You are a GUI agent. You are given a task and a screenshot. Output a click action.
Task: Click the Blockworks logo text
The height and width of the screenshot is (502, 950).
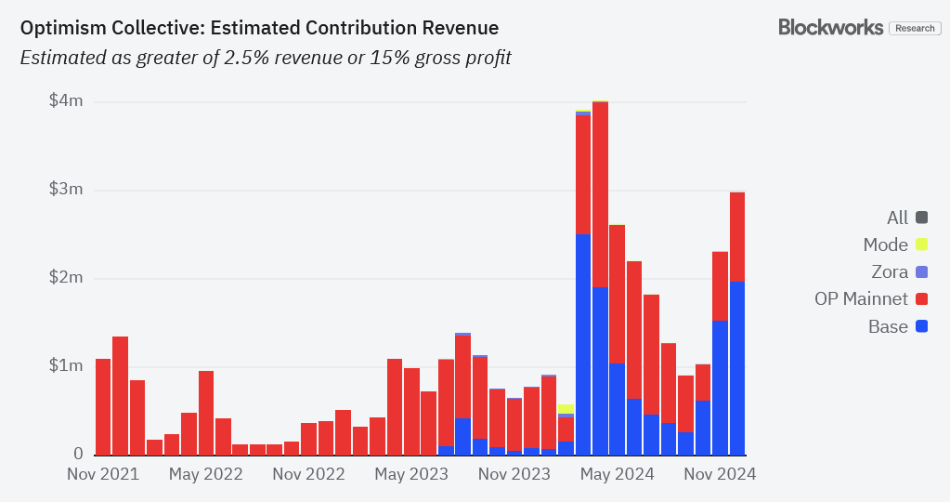click(x=830, y=27)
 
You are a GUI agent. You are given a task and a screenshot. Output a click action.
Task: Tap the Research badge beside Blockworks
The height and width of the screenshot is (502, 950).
click(x=915, y=28)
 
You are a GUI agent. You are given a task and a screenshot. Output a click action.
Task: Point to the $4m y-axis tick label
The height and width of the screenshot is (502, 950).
click(x=66, y=100)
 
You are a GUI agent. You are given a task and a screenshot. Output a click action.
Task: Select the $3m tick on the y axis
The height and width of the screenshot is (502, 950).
click(x=66, y=190)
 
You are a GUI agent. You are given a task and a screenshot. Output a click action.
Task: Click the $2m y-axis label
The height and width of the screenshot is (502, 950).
click(x=66, y=278)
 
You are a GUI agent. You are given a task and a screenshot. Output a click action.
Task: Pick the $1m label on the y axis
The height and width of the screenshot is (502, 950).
click(x=66, y=365)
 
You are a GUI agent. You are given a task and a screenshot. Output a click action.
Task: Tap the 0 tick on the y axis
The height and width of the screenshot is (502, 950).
click(x=78, y=454)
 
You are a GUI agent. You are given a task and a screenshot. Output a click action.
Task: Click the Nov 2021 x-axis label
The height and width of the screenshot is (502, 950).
click(x=103, y=474)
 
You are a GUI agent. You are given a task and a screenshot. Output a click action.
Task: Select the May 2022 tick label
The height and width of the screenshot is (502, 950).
click(x=206, y=474)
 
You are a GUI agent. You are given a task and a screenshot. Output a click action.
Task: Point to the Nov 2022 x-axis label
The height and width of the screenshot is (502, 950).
click(x=309, y=474)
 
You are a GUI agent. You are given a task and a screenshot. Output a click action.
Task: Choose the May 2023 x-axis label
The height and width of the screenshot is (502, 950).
click(x=411, y=474)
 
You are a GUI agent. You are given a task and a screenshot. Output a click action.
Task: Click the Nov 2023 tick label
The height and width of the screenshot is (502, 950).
click(x=514, y=474)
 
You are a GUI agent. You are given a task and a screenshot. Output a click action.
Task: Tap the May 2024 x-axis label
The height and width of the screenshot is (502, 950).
click(x=617, y=474)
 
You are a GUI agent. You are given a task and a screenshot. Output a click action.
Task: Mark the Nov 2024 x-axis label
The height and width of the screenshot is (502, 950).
click(x=720, y=474)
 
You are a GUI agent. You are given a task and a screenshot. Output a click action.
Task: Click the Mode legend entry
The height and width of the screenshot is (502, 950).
click(x=885, y=245)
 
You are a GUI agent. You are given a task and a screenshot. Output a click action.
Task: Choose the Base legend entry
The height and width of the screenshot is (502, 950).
click(x=888, y=326)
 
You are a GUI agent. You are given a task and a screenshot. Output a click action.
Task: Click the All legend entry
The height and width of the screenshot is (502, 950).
click(x=897, y=218)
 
